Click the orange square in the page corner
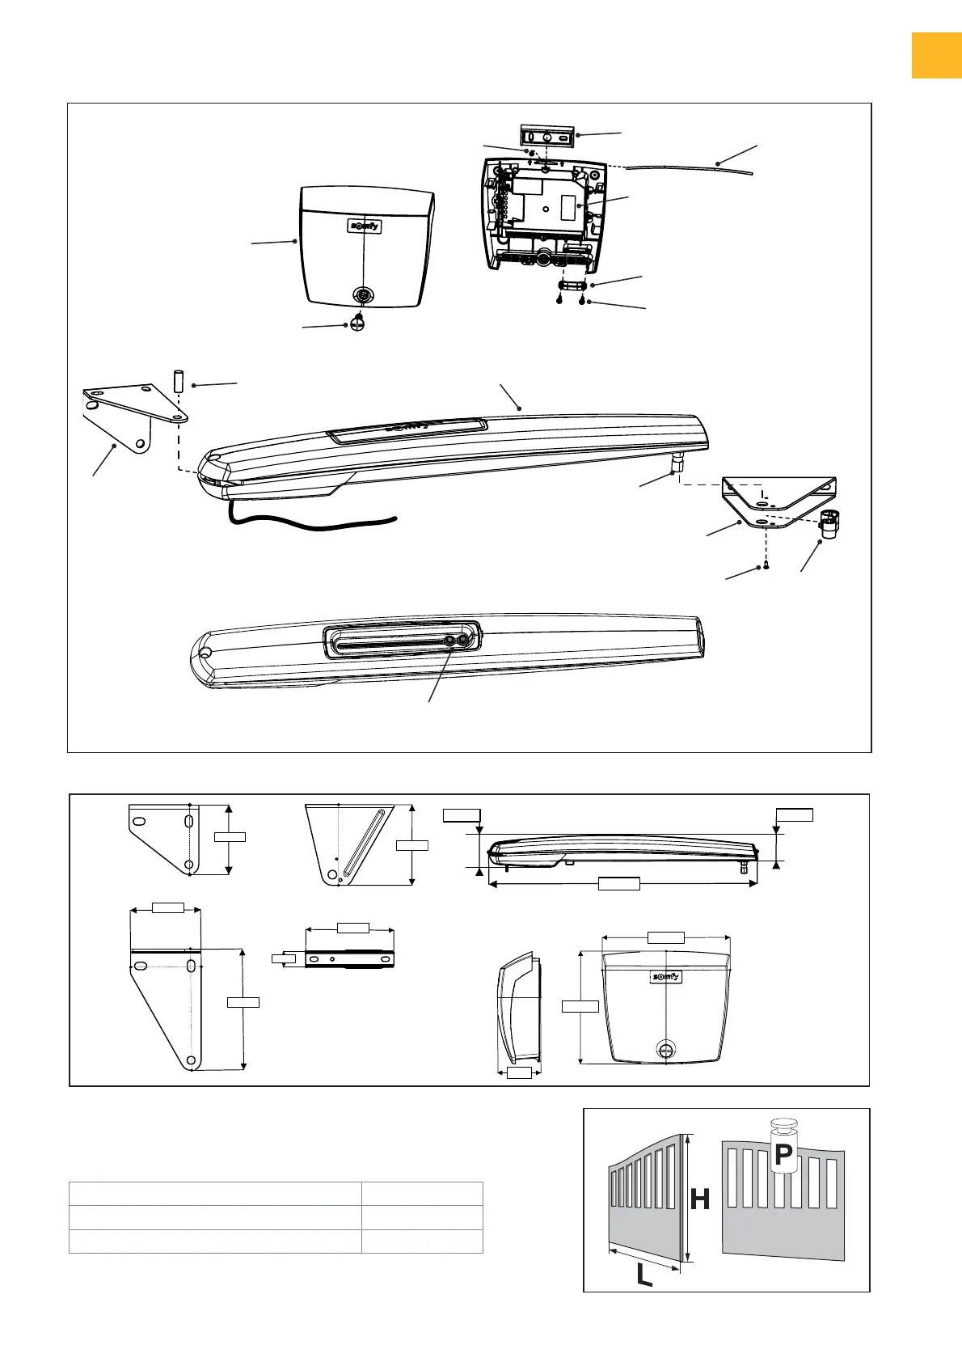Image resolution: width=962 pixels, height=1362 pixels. point(936,55)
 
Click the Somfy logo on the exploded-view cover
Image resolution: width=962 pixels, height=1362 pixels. point(364,226)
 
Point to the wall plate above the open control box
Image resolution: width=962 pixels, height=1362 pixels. point(547,137)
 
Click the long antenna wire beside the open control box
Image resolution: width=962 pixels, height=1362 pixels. point(687,167)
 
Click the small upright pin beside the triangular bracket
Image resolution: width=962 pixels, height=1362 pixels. point(178,381)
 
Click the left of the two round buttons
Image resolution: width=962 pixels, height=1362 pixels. point(450,641)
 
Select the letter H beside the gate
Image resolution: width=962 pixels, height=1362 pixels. point(700,1200)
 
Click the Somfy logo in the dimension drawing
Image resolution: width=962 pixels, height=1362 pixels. point(665,977)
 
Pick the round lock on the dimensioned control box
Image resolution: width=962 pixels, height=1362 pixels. point(665,1049)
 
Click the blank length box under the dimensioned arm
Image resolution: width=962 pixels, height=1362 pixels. point(618,884)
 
